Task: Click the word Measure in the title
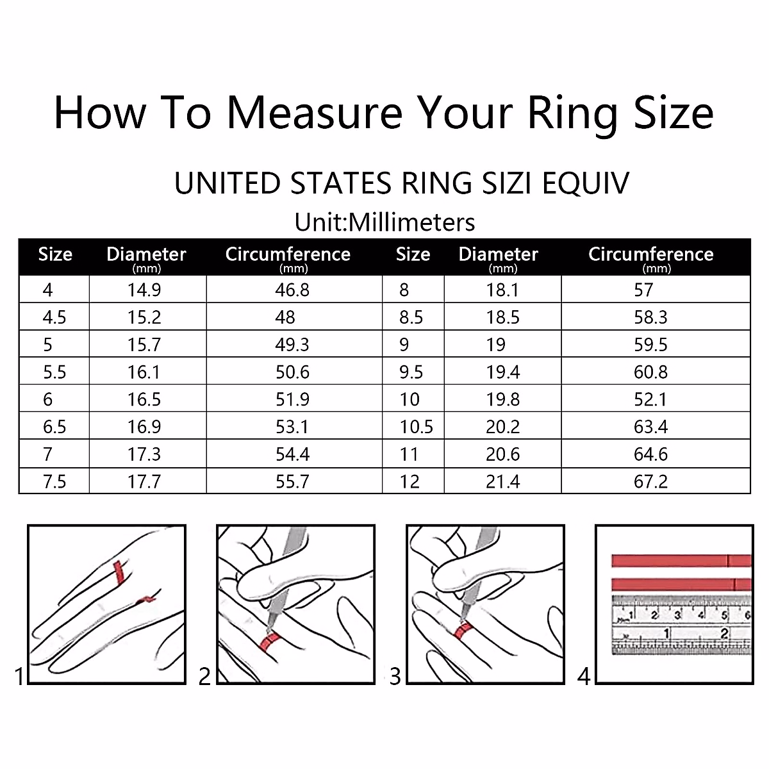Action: tap(315, 113)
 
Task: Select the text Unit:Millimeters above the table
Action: tap(384, 222)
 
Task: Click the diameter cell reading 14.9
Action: tap(144, 290)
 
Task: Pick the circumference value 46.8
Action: tap(292, 290)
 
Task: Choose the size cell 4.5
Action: tap(54, 318)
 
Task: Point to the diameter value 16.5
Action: tap(144, 400)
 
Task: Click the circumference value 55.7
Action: tap(292, 482)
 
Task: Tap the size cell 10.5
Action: tap(417, 427)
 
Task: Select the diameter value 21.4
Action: tap(503, 482)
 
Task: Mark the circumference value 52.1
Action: tap(650, 400)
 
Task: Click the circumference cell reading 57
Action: tap(643, 290)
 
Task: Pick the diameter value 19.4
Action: tap(503, 372)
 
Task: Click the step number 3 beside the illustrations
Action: tap(395, 676)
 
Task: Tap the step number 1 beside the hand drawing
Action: tap(19, 676)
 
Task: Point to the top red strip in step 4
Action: tap(679, 561)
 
